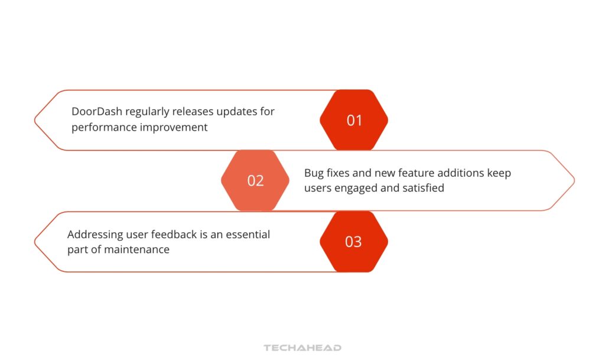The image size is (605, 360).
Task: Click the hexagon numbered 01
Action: tap(354, 120)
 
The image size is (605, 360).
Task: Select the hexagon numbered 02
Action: tap(255, 180)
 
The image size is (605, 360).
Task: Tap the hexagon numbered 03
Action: tap(354, 242)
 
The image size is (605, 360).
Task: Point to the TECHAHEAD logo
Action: tap(302, 348)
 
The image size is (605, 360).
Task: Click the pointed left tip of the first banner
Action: tap(35, 120)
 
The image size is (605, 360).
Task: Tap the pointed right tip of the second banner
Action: tap(573, 180)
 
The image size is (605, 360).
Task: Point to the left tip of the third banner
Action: tap(35, 242)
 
